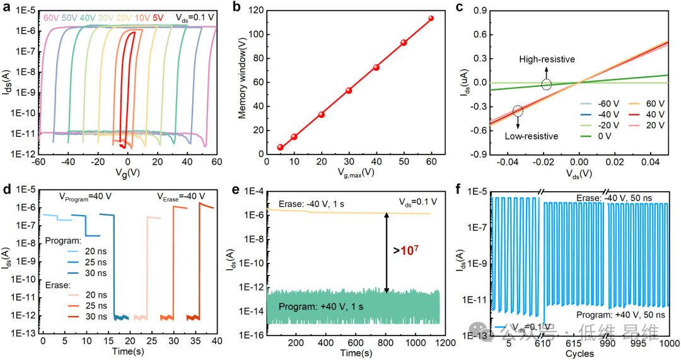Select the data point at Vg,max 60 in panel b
click(431, 18)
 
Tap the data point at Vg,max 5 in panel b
click(280, 147)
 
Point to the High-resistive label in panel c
click(547, 59)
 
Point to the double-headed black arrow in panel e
click(387, 252)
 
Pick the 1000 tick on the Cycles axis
click(668, 343)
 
